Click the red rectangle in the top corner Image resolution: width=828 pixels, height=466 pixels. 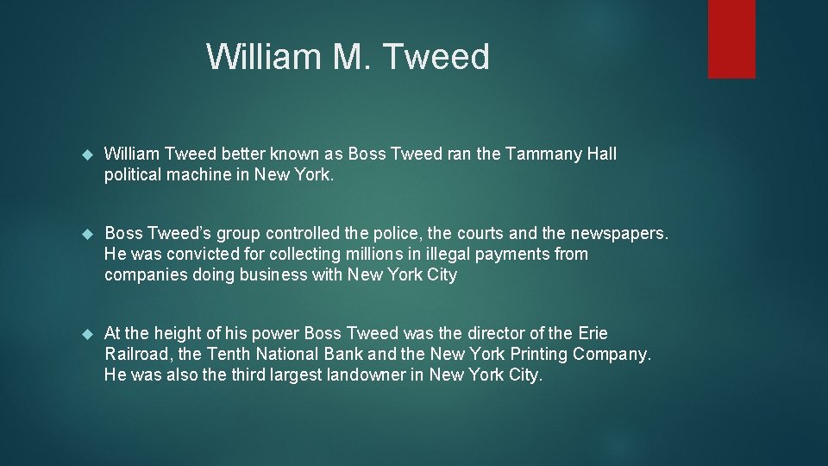pos(731,39)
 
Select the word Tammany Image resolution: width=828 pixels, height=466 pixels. pos(542,154)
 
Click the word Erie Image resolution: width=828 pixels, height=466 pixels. pos(592,334)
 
